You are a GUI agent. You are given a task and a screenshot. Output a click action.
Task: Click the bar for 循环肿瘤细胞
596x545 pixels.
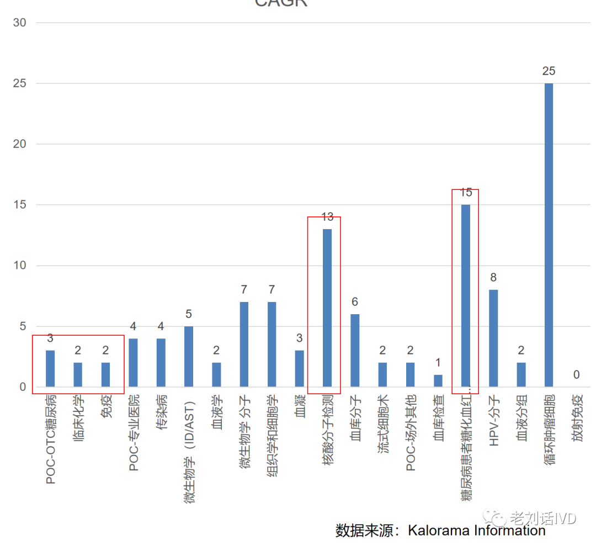[x=549, y=235]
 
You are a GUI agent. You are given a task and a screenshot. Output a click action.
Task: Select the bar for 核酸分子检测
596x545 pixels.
[x=327, y=308]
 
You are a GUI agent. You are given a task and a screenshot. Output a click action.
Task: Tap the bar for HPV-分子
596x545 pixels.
[x=493, y=338]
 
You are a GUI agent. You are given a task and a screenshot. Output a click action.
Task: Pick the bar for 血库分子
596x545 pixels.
[x=355, y=350]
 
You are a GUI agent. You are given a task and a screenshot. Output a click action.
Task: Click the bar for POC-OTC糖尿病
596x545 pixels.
[x=50, y=368]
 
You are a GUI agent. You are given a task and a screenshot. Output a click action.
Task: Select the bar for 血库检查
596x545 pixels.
[x=438, y=380]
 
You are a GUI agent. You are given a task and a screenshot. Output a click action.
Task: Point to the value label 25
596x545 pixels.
[x=549, y=71]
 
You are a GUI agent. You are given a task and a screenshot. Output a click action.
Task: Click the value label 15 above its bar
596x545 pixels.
[x=466, y=193]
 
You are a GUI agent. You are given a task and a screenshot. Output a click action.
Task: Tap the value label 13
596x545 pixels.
[x=327, y=217]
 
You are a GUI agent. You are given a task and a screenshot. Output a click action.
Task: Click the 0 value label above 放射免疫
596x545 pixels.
[x=576, y=375]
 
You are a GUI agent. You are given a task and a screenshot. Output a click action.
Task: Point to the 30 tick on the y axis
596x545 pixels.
[x=20, y=23]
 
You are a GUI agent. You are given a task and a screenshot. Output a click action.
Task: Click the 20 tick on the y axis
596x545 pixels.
[x=20, y=144]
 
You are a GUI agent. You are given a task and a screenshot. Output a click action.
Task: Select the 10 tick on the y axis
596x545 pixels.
[x=20, y=266]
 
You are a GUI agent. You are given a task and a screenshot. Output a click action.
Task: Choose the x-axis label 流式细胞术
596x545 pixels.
[x=382, y=425]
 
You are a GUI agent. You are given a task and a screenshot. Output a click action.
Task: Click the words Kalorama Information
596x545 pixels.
[x=477, y=531]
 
